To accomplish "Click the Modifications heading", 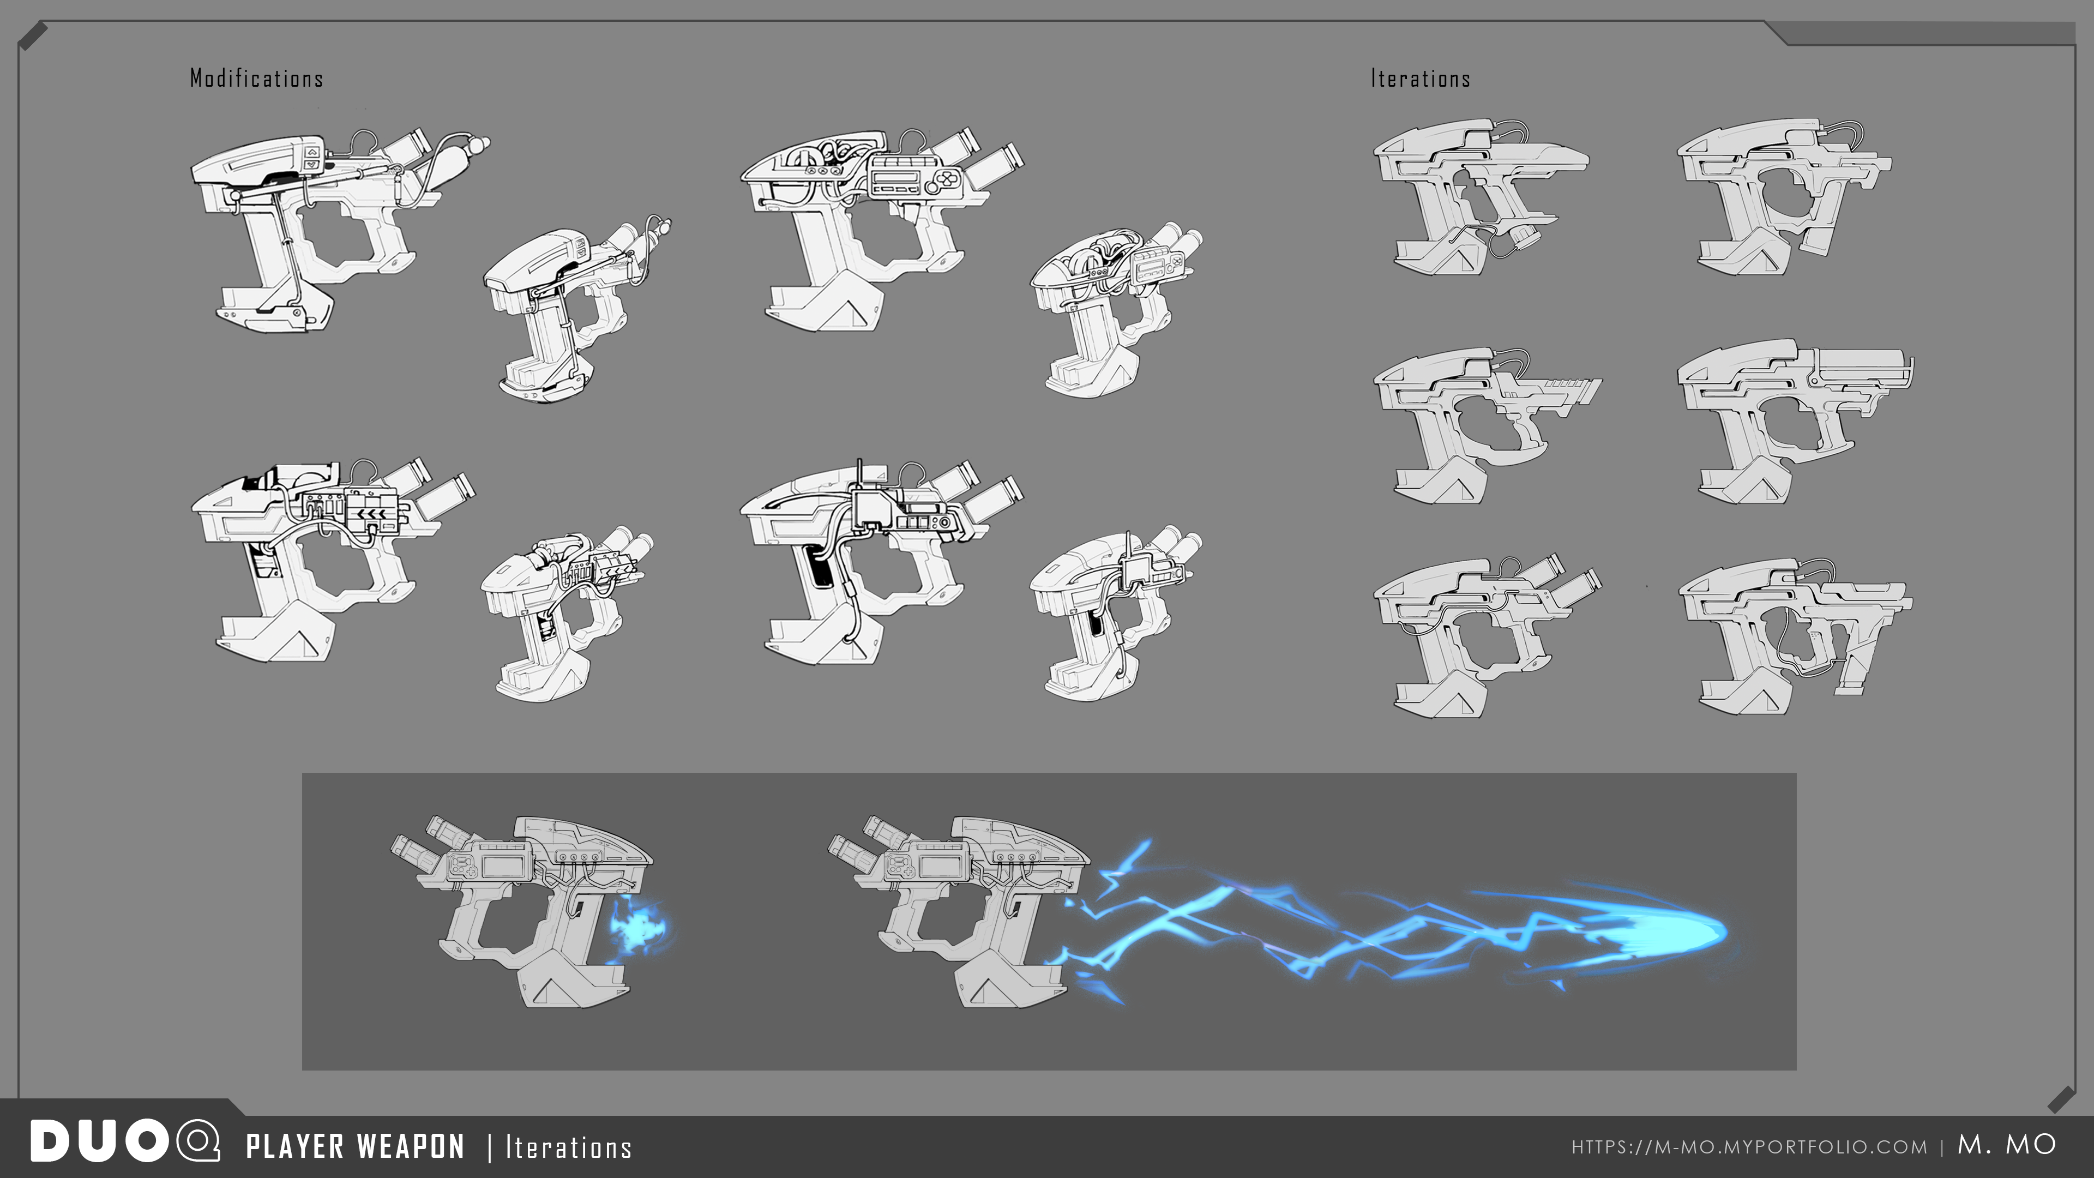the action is point(256,78).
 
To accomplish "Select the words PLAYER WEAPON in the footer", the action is point(355,1146).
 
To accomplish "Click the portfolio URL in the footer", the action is point(1748,1147).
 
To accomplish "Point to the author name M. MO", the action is point(2006,1145).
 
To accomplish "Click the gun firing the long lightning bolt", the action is point(959,911).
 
